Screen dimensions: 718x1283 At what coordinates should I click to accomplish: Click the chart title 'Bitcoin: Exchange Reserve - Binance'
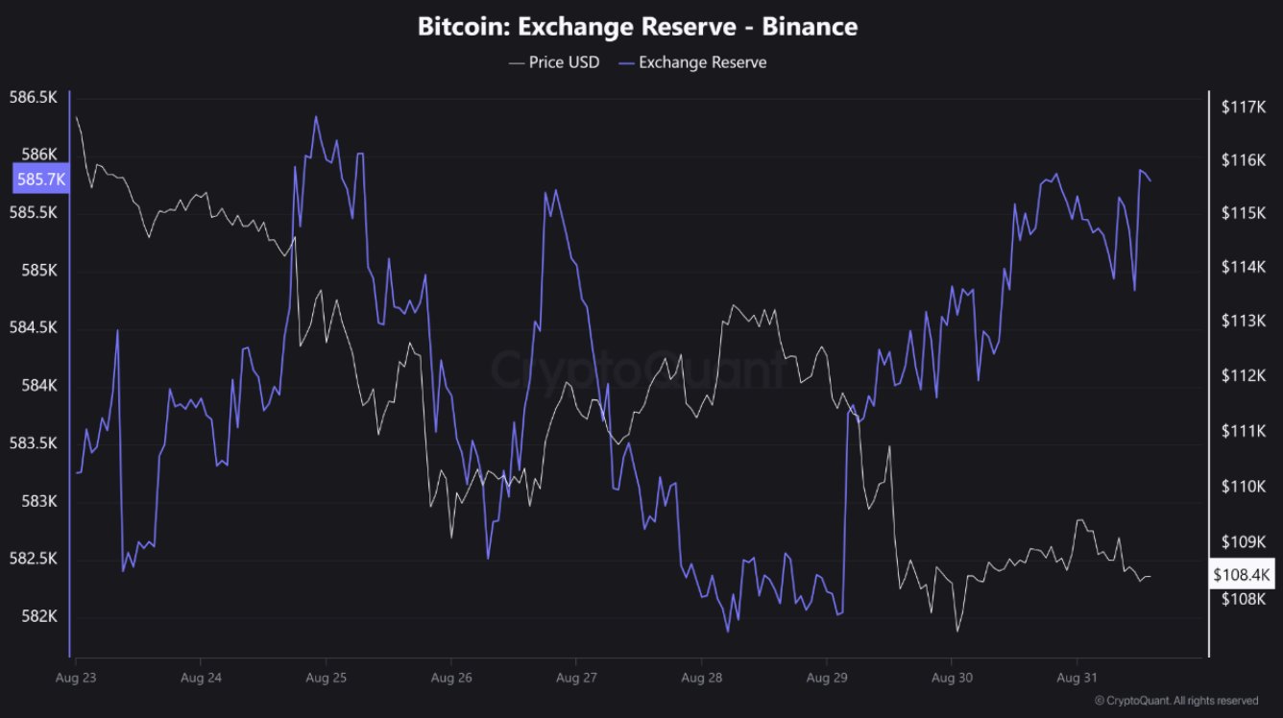pos(637,26)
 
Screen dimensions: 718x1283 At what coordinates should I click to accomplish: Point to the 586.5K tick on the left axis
pos(34,98)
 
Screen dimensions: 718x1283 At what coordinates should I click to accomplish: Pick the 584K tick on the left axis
pos(34,386)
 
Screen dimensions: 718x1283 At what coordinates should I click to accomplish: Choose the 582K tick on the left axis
pos(34,616)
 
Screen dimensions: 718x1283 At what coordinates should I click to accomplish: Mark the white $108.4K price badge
pos(1242,576)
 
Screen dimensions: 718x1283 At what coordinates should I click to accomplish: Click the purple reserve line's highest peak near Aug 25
pos(315,117)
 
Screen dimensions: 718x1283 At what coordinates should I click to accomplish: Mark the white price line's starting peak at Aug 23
pos(76,117)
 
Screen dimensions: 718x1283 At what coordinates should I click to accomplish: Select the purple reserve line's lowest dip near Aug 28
pos(727,632)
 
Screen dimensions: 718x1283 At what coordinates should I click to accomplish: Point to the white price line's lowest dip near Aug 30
pos(957,631)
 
